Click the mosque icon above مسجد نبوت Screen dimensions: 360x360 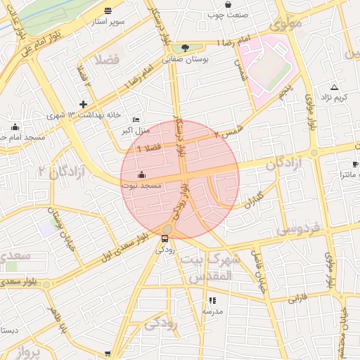(142, 174)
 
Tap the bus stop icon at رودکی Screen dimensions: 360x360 (165, 238)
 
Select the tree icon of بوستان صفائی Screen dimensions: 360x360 (185, 48)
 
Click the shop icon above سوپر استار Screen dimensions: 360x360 (107, 11)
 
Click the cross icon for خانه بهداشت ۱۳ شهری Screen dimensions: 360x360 (83, 104)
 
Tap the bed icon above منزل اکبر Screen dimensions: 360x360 (136, 120)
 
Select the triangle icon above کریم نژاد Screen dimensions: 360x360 (334, 87)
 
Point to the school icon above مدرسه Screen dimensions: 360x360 (212, 300)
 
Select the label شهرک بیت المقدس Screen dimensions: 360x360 (210, 267)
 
